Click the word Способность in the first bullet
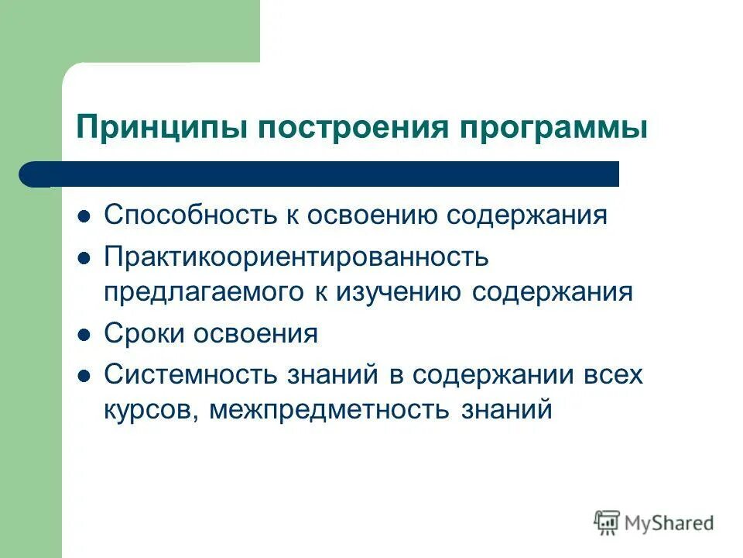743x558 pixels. point(183,215)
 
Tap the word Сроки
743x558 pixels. point(144,333)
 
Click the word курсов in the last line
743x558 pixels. point(151,409)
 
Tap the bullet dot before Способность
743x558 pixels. point(86,215)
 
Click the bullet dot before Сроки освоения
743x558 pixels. point(86,334)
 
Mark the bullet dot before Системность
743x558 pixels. point(86,375)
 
